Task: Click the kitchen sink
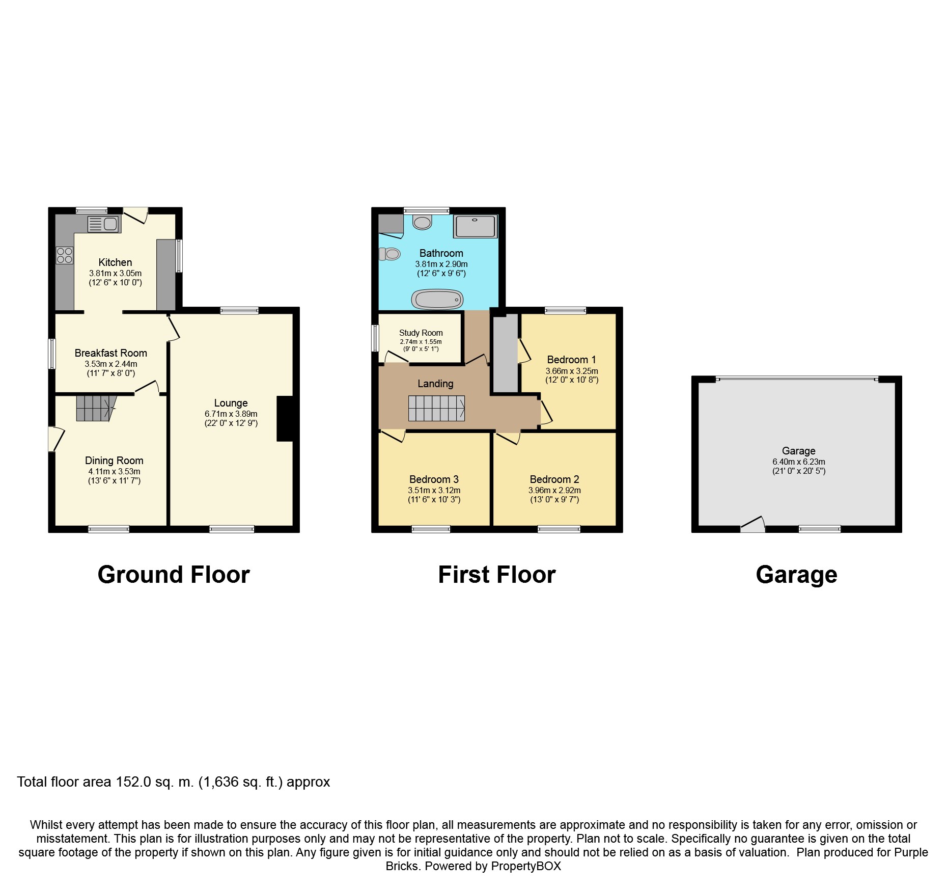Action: [103, 224]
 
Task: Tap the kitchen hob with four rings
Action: [65, 255]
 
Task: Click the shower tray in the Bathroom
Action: [475, 226]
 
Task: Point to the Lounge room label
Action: [231, 403]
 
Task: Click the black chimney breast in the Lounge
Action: [285, 418]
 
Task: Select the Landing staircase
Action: [436, 408]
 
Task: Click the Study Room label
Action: [421, 333]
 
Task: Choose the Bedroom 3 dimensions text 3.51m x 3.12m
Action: [434, 490]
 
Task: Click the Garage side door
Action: [753, 525]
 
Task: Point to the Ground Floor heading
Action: [174, 575]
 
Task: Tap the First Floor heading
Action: [497, 575]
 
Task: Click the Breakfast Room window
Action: [52, 354]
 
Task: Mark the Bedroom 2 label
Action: [554, 479]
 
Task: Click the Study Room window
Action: [375, 338]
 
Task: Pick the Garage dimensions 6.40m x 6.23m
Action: [798, 462]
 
